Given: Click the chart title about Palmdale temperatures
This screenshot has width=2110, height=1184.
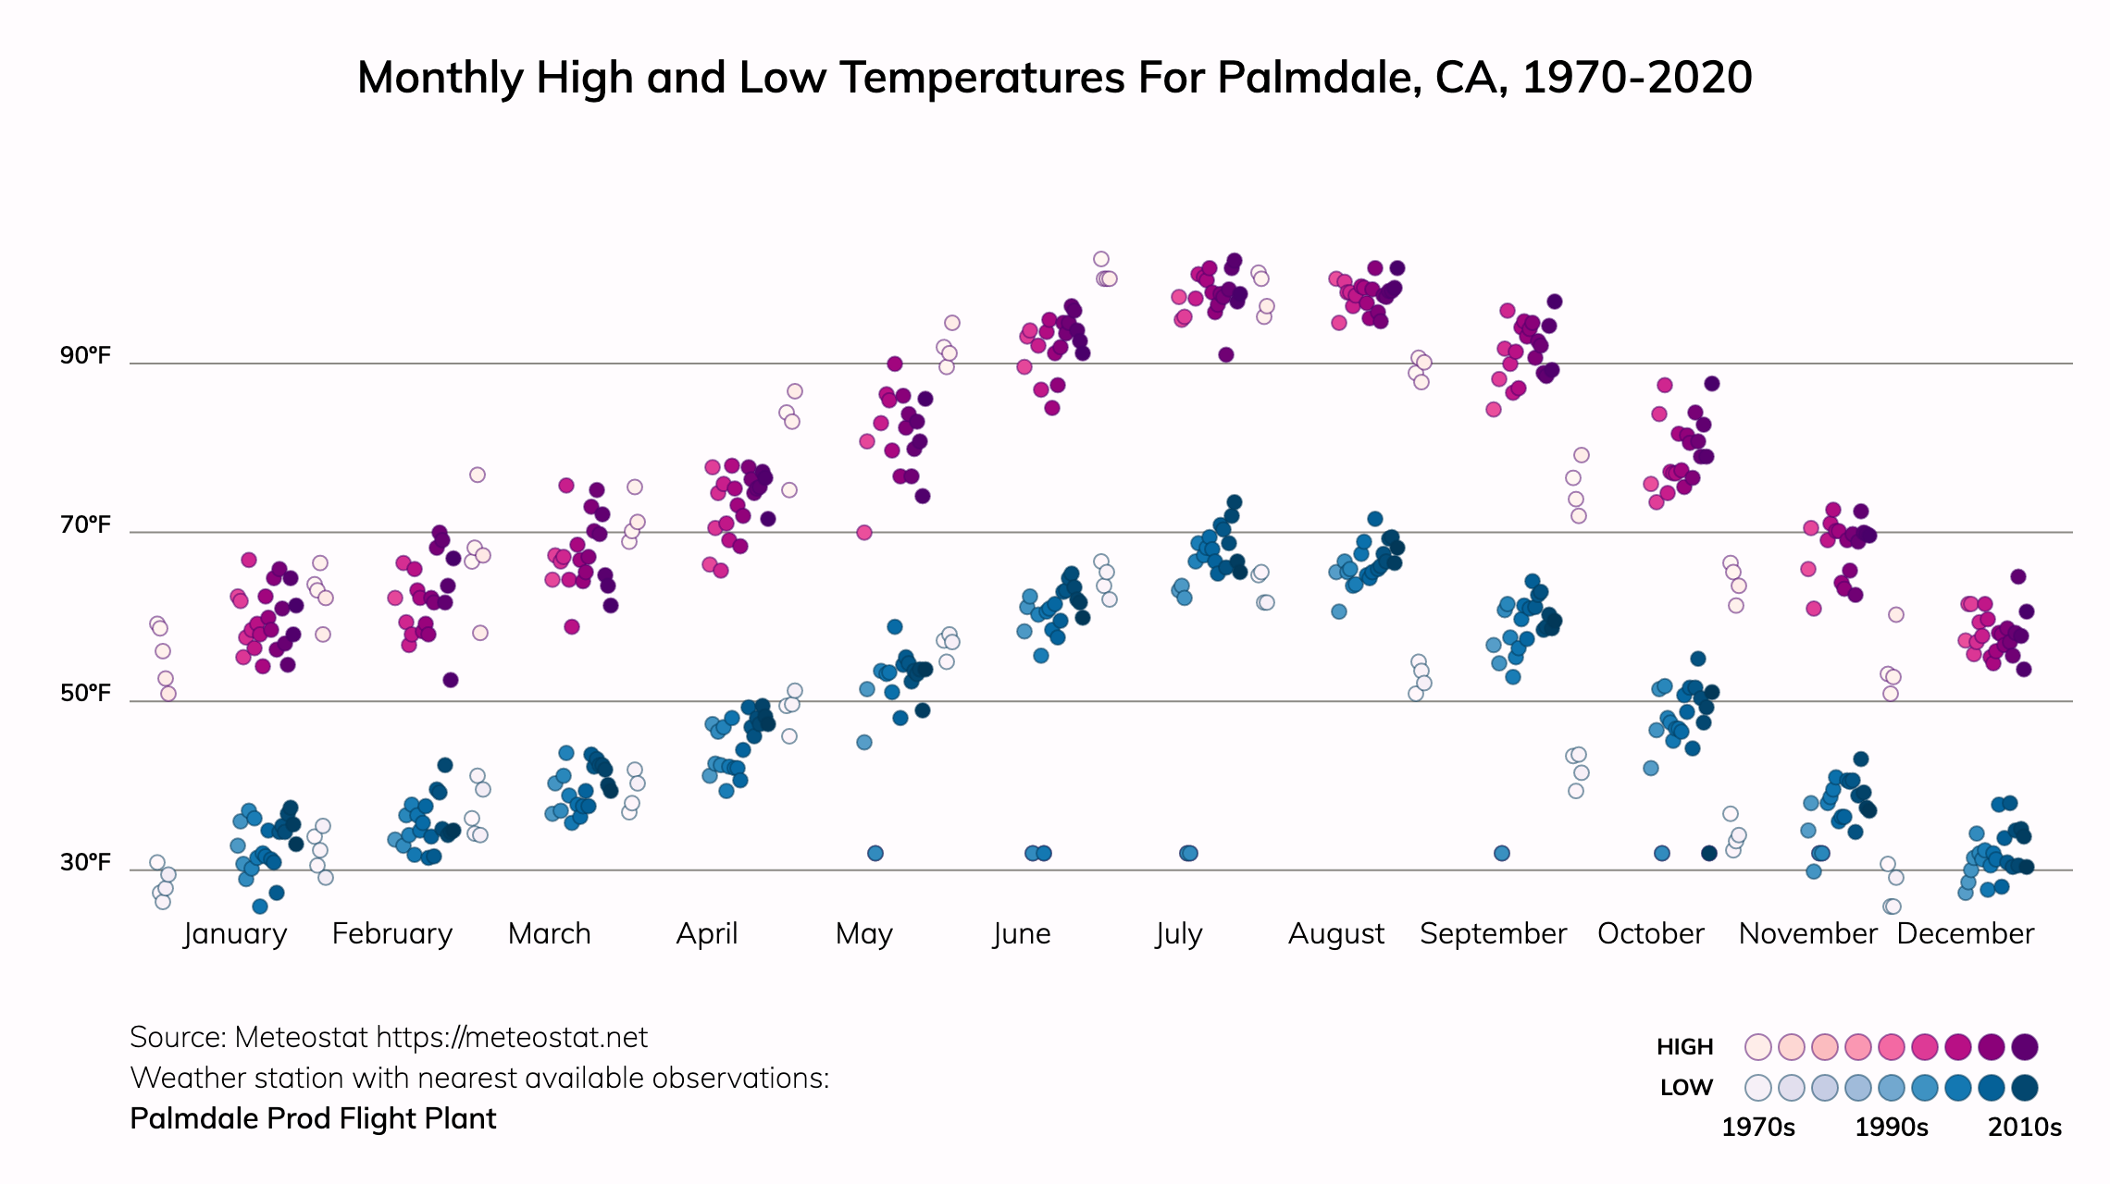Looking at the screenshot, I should click(1054, 78).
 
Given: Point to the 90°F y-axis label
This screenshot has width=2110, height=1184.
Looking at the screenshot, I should click(85, 356).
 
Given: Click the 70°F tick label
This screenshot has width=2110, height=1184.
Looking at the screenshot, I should click(85, 525).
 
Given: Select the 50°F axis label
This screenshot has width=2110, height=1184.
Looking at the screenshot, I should click(85, 694).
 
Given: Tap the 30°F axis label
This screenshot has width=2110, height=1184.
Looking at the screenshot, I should click(85, 863).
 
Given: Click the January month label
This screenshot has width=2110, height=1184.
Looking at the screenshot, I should click(235, 933).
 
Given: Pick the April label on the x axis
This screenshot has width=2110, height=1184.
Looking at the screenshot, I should click(707, 933).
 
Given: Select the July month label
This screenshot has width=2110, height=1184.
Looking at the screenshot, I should click(1179, 933).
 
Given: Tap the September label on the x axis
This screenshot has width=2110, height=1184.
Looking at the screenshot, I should click(1493, 933).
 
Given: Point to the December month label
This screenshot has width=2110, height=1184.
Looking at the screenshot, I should click(1965, 933).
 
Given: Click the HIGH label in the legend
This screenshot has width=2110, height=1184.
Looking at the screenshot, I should click(1684, 1047).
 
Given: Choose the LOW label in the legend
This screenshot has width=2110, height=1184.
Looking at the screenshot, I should click(1686, 1088).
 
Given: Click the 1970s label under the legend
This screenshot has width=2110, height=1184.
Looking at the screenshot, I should click(1757, 1128).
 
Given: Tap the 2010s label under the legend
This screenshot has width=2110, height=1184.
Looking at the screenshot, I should click(2025, 1128).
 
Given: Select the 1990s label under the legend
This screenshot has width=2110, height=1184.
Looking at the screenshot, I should click(1892, 1128).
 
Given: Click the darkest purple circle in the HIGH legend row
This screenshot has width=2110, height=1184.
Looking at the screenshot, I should click(2025, 1047).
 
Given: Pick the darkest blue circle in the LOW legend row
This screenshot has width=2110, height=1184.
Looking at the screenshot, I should click(2025, 1088).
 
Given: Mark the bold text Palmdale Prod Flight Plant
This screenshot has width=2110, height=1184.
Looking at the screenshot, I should click(313, 1119).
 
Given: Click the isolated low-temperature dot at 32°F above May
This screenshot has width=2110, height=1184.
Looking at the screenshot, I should click(875, 853).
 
